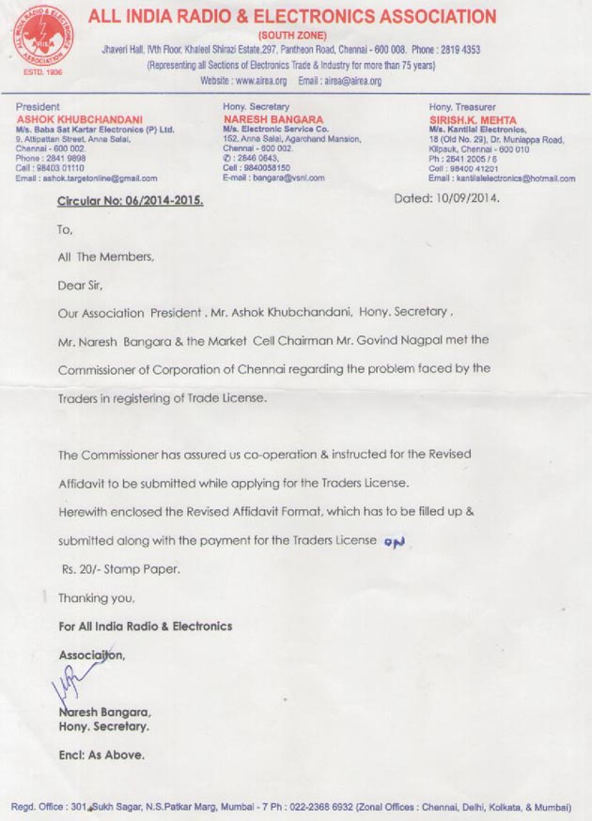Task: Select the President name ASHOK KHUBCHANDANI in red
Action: (x=80, y=119)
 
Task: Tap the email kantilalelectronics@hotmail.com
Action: (x=512, y=178)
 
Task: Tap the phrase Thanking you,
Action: (x=96, y=597)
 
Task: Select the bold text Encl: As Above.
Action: (x=101, y=754)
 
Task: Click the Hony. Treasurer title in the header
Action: (x=459, y=107)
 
